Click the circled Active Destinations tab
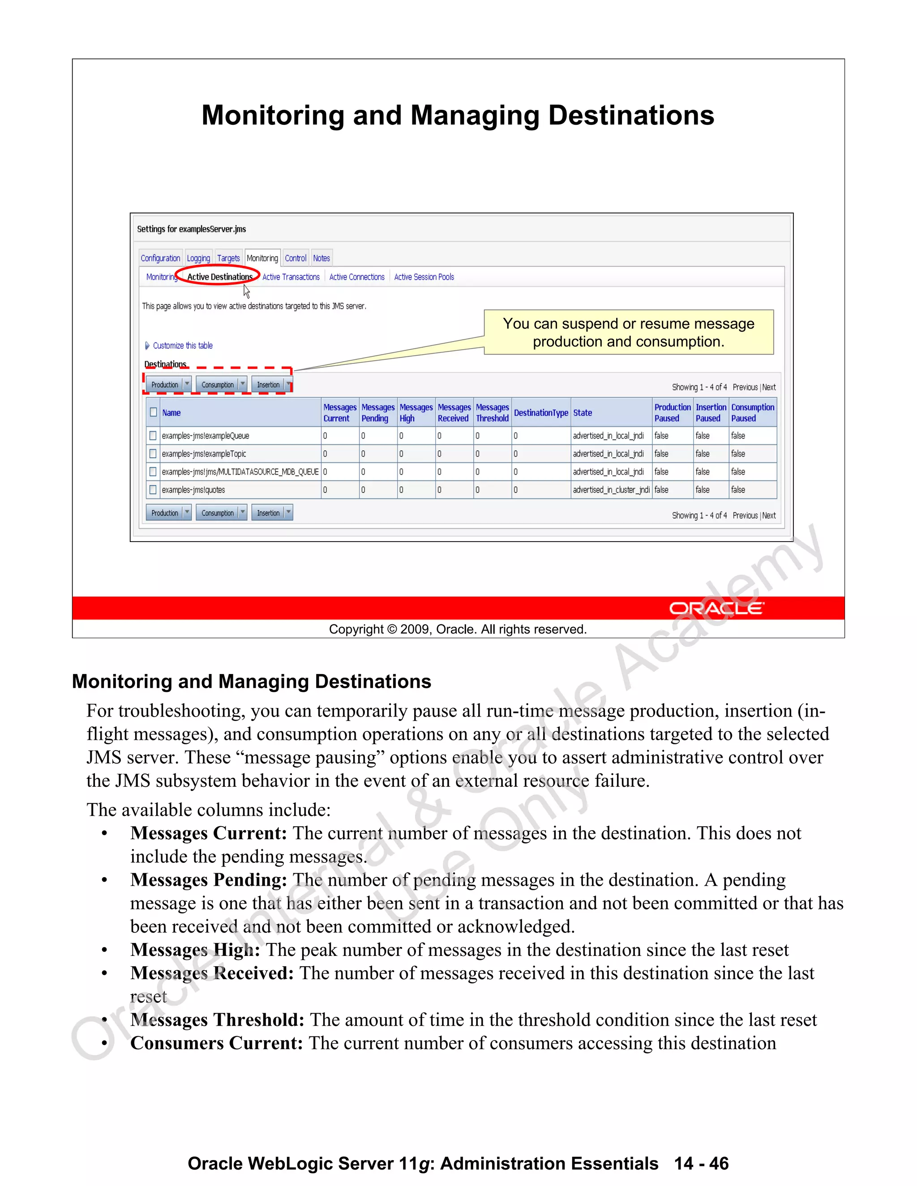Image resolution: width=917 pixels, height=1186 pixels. pyautogui.click(x=219, y=277)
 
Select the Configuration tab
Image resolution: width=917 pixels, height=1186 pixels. pyautogui.click(x=160, y=259)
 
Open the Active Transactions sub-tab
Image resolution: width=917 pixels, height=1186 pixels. pyautogui.click(x=291, y=277)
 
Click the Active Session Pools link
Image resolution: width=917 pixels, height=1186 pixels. pyautogui.click(x=424, y=277)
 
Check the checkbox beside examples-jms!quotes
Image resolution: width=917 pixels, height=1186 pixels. pyautogui.click(x=153, y=490)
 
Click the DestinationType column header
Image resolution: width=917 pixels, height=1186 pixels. pyautogui.click(x=540, y=413)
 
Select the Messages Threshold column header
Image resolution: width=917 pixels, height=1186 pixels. pyautogui.click(x=492, y=413)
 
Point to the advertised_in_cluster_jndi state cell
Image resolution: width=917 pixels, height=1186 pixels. pyautogui.click(x=611, y=490)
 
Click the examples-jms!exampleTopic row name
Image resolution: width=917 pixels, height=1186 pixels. pyautogui.click(x=204, y=454)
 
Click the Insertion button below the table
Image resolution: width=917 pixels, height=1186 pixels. pyautogui.click(x=268, y=513)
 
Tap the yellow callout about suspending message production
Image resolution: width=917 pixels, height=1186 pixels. pyautogui.click(x=629, y=333)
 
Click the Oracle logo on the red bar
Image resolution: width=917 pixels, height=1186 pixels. pyautogui.click(x=716, y=608)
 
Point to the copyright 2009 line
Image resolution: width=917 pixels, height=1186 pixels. pyautogui.click(x=458, y=629)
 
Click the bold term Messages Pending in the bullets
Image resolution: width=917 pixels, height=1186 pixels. pyautogui.click(x=209, y=880)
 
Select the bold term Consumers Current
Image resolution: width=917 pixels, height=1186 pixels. pyautogui.click(x=216, y=1043)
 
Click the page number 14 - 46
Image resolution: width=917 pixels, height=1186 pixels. pyautogui.click(x=701, y=1164)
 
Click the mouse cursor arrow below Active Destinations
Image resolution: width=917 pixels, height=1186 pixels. pyautogui.click(x=246, y=292)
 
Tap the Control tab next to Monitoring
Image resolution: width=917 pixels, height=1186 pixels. pyautogui.click(x=296, y=259)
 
